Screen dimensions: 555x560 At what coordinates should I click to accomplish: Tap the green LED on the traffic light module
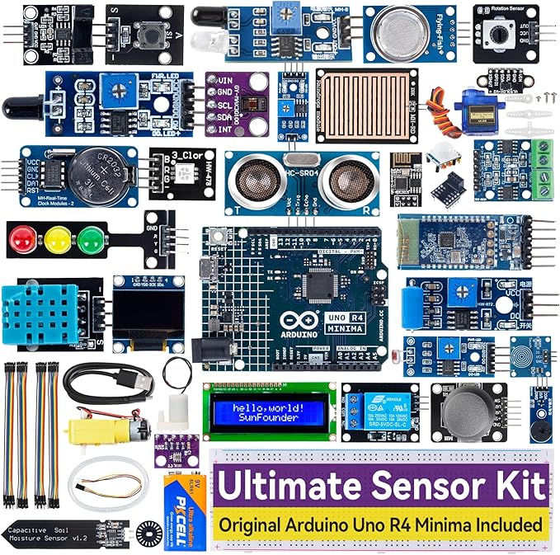click(88, 239)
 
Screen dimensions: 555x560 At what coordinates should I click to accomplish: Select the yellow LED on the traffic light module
click(56, 239)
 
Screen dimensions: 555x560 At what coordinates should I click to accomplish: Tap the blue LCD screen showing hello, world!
click(268, 411)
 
